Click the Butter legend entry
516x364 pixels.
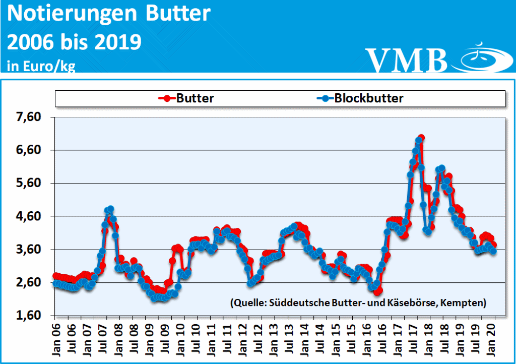tap(195, 98)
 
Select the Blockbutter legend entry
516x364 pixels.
tap(369, 98)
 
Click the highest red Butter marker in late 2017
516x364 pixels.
tap(421, 138)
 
